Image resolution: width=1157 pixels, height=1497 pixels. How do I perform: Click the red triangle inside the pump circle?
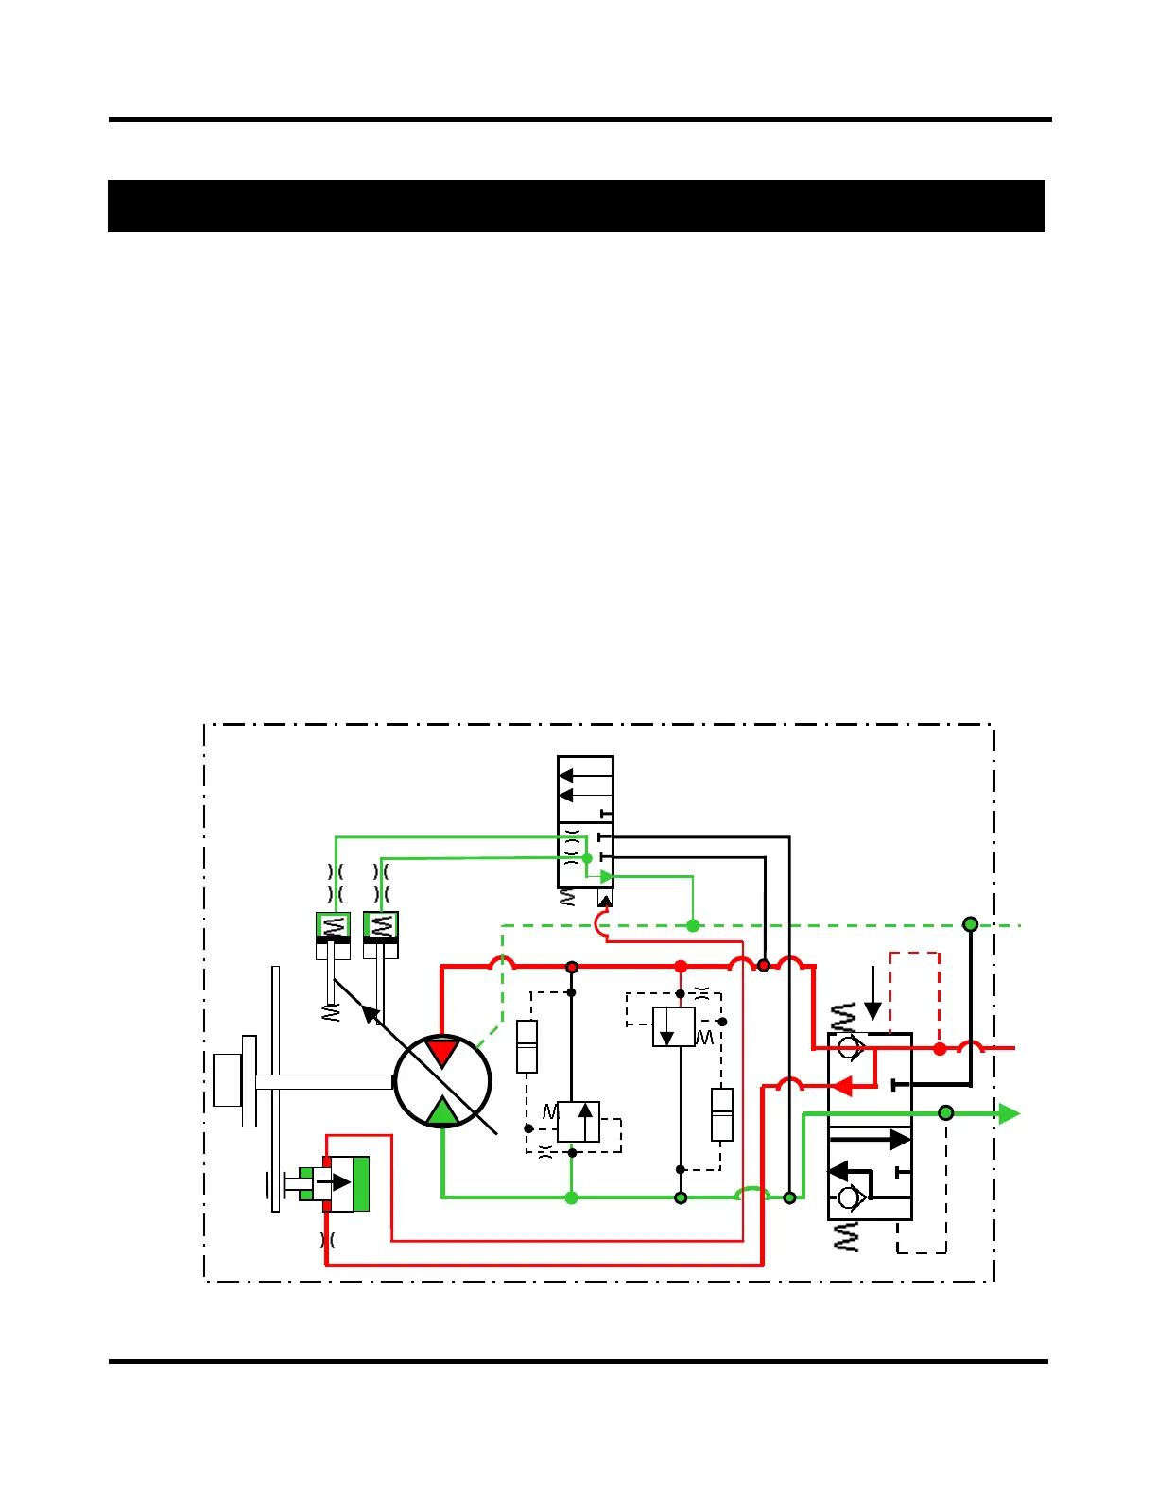pos(441,1051)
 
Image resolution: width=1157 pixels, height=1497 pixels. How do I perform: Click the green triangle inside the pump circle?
pos(442,1112)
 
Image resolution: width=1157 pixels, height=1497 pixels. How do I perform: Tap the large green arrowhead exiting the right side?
pos(1009,1113)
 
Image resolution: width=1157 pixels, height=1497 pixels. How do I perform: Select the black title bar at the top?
pos(577,206)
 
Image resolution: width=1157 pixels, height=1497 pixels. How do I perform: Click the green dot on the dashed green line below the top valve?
pos(693,925)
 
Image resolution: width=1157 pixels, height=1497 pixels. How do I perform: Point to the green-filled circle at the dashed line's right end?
pos(970,924)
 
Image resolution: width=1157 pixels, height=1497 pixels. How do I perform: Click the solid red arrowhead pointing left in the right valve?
pos(841,1086)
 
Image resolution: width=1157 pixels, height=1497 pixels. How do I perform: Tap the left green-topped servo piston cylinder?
pos(333,935)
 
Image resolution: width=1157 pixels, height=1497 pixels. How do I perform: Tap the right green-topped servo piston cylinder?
pos(381,935)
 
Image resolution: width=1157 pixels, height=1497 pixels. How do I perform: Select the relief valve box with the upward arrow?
pos(578,1122)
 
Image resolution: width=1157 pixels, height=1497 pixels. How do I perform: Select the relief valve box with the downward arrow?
pos(674,1026)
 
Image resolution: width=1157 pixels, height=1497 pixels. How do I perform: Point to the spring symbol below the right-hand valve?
pos(847,1236)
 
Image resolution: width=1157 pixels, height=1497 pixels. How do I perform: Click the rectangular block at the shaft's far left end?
pos(228,1079)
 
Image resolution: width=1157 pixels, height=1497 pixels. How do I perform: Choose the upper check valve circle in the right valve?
pos(849,1047)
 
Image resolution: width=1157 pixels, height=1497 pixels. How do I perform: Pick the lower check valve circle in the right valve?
pos(849,1198)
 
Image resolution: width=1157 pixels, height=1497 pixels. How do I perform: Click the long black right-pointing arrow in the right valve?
pos(870,1139)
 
